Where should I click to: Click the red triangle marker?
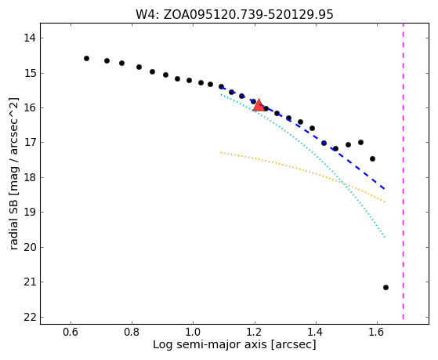pos(259,105)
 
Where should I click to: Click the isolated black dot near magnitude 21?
pos(386,287)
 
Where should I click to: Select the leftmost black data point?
pos(87,59)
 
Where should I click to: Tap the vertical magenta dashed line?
pos(403,171)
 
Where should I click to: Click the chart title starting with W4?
pos(234,15)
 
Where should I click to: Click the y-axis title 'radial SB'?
pos(14,173)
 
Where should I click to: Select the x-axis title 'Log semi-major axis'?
pos(234,344)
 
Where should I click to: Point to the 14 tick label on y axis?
pos(30,38)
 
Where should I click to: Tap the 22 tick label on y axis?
pos(30,317)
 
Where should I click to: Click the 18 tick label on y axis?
pos(30,177)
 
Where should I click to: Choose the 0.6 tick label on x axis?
pos(71,332)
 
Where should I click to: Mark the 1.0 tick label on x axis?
pos(194,332)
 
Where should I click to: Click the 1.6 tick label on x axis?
pos(377,332)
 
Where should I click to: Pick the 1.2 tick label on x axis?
pos(255,332)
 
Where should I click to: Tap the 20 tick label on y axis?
pos(30,248)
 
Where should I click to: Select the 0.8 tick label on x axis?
pos(132,332)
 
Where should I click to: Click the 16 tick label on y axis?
pos(30,108)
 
